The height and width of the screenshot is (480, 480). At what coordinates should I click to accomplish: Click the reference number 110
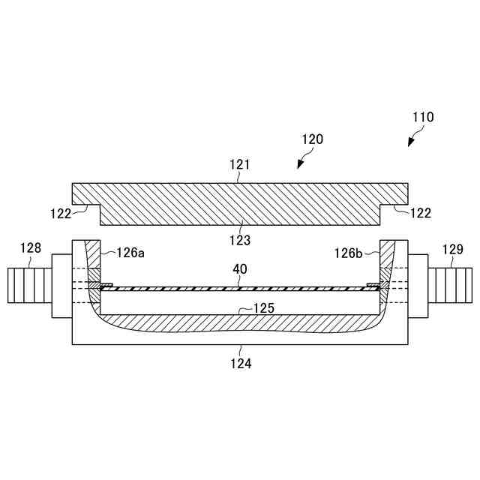(x=423, y=117)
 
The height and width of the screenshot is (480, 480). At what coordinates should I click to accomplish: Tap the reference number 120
(x=312, y=139)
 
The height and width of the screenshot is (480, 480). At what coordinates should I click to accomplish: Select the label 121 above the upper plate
(x=239, y=164)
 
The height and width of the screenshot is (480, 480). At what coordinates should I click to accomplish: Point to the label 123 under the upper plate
(x=240, y=241)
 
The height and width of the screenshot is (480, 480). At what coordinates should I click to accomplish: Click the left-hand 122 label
(x=82, y=213)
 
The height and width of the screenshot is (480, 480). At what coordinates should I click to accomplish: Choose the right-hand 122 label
(x=421, y=213)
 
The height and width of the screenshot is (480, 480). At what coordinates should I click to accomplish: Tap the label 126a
(x=130, y=253)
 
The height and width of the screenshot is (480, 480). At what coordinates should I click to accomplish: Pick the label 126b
(x=349, y=253)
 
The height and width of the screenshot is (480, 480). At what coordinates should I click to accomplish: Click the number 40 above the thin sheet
(x=240, y=268)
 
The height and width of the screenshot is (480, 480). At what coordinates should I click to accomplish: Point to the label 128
(x=31, y=248)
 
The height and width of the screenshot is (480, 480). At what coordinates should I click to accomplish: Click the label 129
(x=453, y=248)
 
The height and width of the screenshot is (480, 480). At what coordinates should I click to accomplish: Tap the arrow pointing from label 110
(x=413, y=139)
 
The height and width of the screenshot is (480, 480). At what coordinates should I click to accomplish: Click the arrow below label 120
(x=301, y=161)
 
